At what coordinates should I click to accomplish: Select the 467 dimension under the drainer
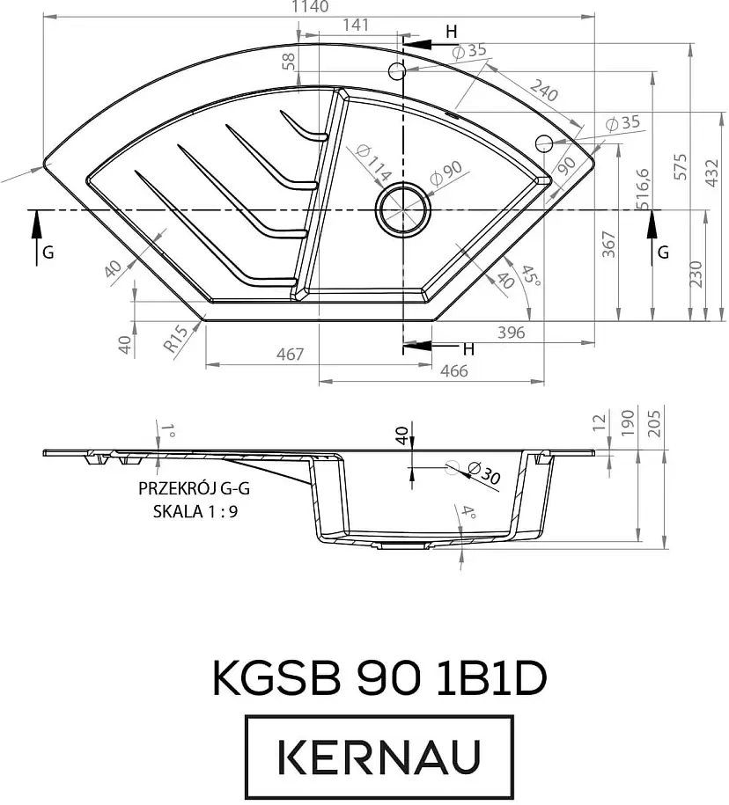click(290, 355)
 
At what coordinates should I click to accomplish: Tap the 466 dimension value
click(453, 370)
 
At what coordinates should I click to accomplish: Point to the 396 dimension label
click(511, 333)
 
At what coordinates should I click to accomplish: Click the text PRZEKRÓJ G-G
click(186, 490)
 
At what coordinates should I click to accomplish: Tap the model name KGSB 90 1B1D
click(379, 678)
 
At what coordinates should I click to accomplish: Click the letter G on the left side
click(48, 252)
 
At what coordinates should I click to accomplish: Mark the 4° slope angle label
click(468, 513)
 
